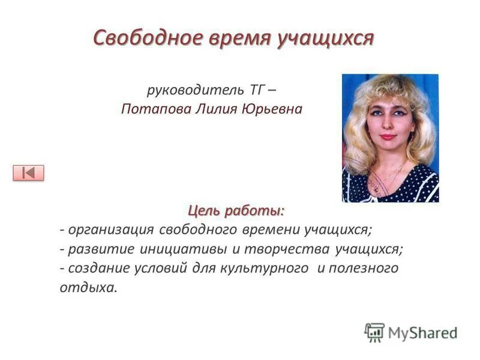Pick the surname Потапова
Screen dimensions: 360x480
(148, 110)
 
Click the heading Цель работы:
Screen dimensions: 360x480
(236, 211)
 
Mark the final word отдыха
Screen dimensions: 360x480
(88, 287)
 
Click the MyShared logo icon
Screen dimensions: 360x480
(374, 332)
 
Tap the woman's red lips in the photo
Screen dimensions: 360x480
(388, 137)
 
